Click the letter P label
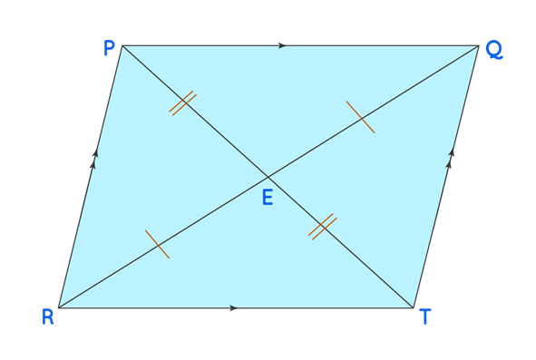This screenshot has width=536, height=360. coord(109,47)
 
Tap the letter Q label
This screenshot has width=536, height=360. coord(494,51)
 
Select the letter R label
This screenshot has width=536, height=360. coord(47,316)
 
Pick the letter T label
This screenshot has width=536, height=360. coord(424,316)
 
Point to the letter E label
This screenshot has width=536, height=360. coord(268,197)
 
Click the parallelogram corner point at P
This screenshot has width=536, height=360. coord(122,45)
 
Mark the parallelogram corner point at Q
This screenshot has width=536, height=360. coord(479,45)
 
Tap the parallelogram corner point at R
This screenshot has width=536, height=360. coord(58,307)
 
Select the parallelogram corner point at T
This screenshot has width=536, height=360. coord(414,307)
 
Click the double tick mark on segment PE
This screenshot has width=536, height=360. coord(182,102)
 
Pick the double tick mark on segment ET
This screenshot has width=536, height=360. coord(322,226)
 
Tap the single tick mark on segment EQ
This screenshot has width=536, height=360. coord(360,118)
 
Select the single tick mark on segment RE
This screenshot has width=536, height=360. coord(157,245)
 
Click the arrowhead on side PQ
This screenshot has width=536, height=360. coord(283,45)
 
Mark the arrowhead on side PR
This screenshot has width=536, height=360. coord(94,160)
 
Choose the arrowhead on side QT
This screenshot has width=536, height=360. coord(451,159)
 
